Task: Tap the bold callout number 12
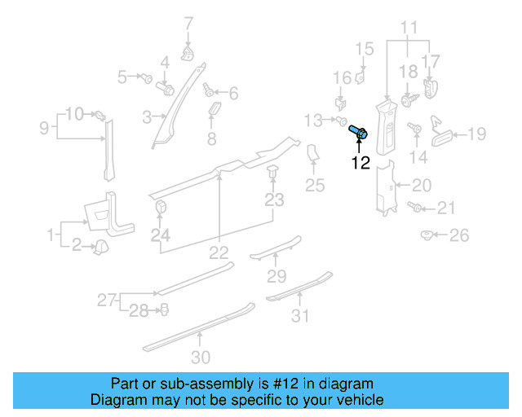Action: pyautogui.click(x=361, y=163)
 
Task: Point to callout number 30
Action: pyautogui.click(x=201, y=357)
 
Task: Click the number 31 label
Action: pyautogui.click(x=302, y=316)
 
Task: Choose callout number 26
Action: pyautogui.click(x=460, y=236)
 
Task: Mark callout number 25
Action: pyautogui.click(x=315, y=187)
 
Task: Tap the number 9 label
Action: pyautogui.click(x=44, y=127)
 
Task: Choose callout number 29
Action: pyautogui.click(x=277, y=276)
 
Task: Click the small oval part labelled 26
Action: pyautogui.click(x=426, y=235)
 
